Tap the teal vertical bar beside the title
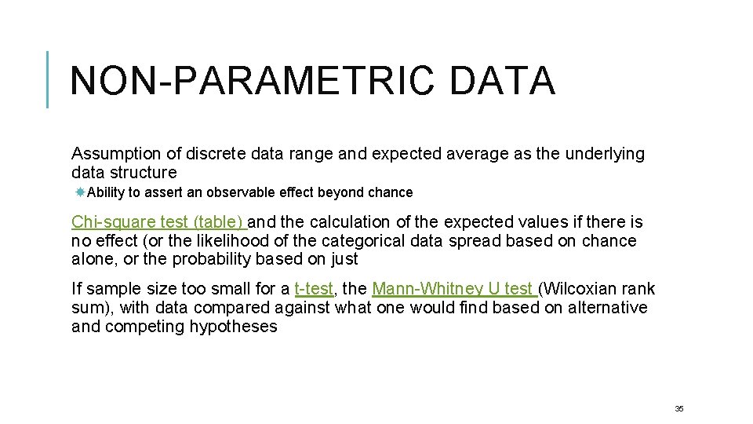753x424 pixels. pyautogui.click(x=48, y=79)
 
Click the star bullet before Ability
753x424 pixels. pyautogui.click(x=80, y=192)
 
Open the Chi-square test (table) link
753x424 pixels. pyautogui.click(x=159, y=222)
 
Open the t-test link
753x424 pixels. pyautogui.click(x=314, y=289)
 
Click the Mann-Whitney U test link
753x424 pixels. pyautogui.click(x=453, y=289)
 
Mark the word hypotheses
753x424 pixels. pyautogui.click(x=233, y=326)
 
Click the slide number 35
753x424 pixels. pyautogui.click(x=679, y=408)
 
